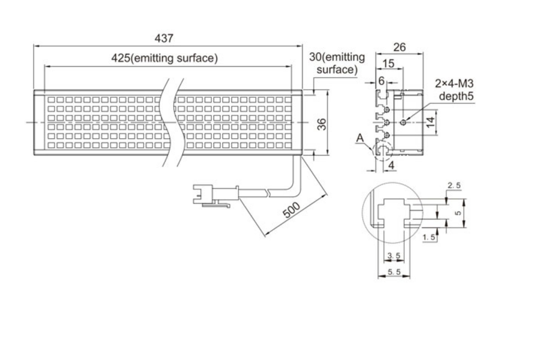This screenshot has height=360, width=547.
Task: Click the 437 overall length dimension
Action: pos(164,38)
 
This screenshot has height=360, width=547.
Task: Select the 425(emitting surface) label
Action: pos(164,59)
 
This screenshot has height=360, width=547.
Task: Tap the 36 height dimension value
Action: pos(323,123)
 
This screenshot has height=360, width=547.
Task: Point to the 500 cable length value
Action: pos(291,210)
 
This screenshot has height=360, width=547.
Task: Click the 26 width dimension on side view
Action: pos(399,47)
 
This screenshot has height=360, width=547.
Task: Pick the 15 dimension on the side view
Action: pos(388,64)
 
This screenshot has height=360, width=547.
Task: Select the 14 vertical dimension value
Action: pos(430,122)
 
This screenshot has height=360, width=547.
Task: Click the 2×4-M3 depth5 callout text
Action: pos(454,90)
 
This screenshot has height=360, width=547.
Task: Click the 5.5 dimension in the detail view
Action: pos(393,272)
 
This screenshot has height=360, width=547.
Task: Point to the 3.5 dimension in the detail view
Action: pos(393,256)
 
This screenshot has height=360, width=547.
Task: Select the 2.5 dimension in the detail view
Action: pos(454,186)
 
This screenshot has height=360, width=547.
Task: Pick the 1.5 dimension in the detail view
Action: pos(429,237)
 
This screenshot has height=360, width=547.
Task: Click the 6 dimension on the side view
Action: pos(382,81)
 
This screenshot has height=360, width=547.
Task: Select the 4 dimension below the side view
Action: pos(391,164)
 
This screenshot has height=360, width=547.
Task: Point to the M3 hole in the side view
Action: pos(403,122)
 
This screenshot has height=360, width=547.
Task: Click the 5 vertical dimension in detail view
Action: pos(458,213)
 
